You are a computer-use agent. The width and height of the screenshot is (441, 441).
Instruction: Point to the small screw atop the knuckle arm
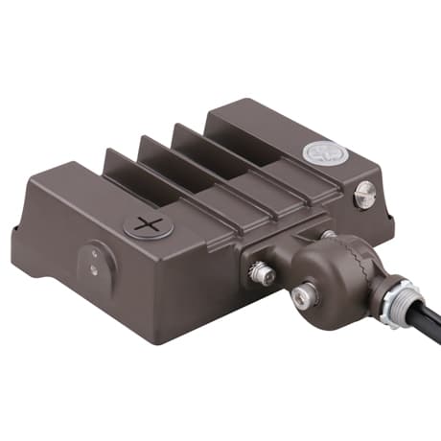329,234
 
